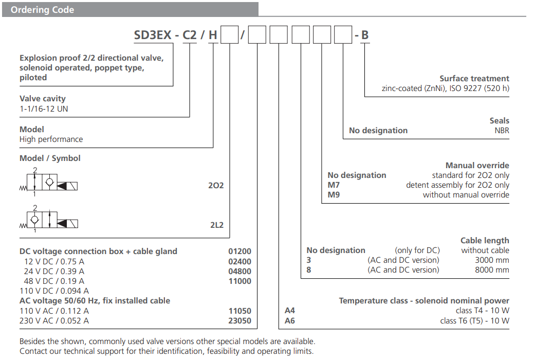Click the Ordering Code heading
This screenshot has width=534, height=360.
click(x=42, y=10)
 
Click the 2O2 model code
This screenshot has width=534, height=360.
click(x=216, y=185)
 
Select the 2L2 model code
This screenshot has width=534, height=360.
click(x=216, y=225)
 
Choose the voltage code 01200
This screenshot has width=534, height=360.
click(x=240, y=251)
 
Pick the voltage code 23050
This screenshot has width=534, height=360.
click(x=240, y=320)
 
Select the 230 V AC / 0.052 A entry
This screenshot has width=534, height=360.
click(x=54, y=320)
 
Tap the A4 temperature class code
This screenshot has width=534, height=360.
click(x=290, y=311)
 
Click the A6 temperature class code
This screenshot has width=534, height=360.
click(x=290, y=320)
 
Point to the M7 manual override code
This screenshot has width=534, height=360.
click(x=334, y=185)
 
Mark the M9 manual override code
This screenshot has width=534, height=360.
click(x=334, y=195)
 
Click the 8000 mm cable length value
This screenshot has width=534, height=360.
click(x=492, y=270)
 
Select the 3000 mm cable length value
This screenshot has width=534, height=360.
click(x=492, y=260)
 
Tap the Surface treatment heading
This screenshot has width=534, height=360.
click(x=474, y=79)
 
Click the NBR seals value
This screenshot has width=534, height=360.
click(x=502, y=131)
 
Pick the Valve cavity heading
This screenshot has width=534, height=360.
click(x=43, y=99)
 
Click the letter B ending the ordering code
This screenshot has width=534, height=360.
click(x=365, y=35)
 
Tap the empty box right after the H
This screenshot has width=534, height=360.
click(x=229, y=35)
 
